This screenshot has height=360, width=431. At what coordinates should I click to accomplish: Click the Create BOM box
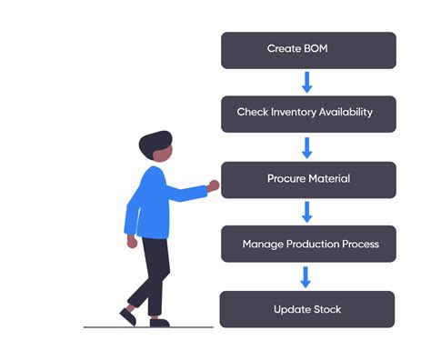click(x=308, y=50)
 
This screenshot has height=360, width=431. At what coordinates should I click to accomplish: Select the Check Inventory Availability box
click(x=308, y=114)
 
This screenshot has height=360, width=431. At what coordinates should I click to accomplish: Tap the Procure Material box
click(x=308, y=179)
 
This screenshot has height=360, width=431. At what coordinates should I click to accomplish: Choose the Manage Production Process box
click(x=308, y=244)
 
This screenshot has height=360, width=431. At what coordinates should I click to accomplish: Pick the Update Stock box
click(x=308, y=309)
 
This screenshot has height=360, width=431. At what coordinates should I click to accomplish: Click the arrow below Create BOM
click(x=307, y=82)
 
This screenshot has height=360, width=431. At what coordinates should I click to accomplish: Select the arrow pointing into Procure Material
click(x=307, y=146)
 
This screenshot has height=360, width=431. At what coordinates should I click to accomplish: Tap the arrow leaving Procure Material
click(x=307, y=212)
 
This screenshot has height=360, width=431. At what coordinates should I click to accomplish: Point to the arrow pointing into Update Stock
click(x=307, y=276)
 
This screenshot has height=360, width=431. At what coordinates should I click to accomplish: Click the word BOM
click(x=312, y=48)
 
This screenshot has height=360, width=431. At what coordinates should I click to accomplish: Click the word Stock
click(x=326, y=309)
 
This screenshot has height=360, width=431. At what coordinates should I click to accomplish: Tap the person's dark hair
click(x=155, y=144)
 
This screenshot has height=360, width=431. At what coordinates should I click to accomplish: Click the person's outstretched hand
click(x=214, y=185)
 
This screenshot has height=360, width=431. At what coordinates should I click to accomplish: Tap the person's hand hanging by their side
click(x=133, y=242)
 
